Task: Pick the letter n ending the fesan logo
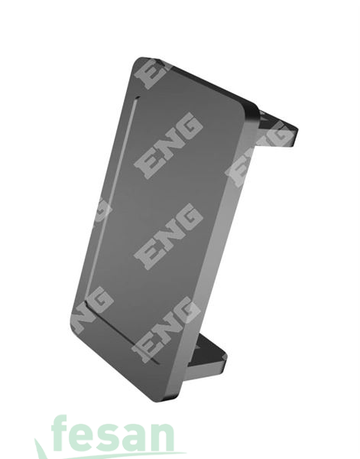click(x=161, y=437)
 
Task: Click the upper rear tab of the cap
click(x=277, y=129)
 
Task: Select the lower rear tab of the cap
click(x=207, y=356)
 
